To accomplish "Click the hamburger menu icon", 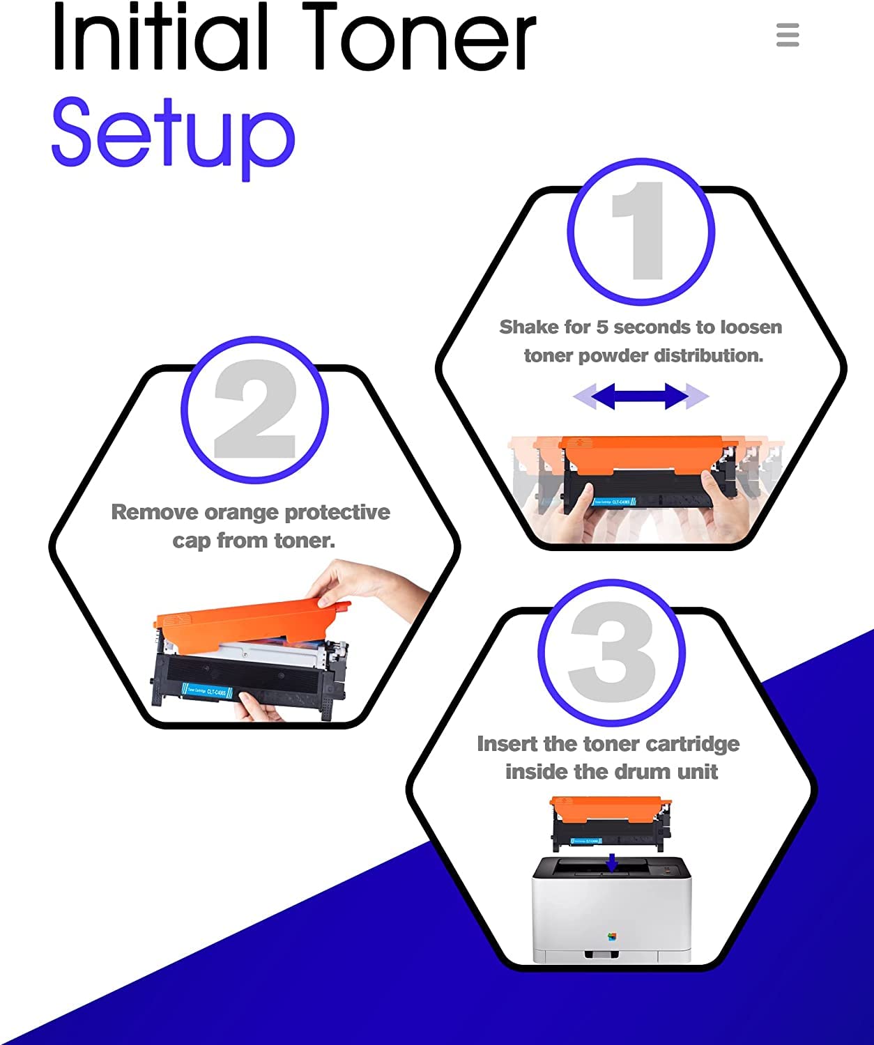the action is tap(788, 35).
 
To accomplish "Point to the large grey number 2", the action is tap(255, 409).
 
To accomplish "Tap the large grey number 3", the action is tap(613, 652).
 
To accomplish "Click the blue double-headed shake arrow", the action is tap(641, 396).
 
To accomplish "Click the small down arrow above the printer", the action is tap(612, 862).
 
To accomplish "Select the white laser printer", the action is tap(612, 913).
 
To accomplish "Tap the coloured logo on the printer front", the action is tap(612, 936).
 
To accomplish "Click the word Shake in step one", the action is tap(529, 327).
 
